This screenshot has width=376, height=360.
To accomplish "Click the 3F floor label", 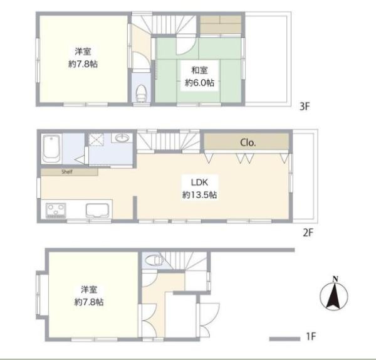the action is pyautogui.click(x=305, y=106).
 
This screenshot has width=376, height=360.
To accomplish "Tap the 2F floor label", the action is pyautogui.click(x=308, y=232).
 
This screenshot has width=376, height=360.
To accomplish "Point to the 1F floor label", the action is pyautogui.click(x=311, y=336).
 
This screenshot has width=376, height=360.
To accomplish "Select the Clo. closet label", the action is pyautogui.click(x=248, y=143).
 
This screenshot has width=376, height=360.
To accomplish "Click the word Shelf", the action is pyautogui.click(x=67, y=172).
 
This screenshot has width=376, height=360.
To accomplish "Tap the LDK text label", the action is pyautogui.click(x=199, y=183).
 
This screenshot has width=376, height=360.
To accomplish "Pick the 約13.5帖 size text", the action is pyautogui.click(x=199, y=195).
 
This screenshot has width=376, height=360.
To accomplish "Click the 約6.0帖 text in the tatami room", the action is pyautogui.click(x=199, y=83).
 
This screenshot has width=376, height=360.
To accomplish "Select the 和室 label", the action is pyautogui.click(x=199, y=70).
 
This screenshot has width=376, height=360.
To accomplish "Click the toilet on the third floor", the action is pyautogui.click(x=141, y=93).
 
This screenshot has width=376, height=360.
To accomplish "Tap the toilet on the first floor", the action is pyautogui.click(x=154, y=260).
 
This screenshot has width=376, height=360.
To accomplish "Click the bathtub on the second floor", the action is pyautogui.click(x=51, y=149).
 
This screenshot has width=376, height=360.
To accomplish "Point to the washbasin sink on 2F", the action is pyautogui.click(x=122, y=138).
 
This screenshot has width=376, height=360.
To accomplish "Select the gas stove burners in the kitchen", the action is pyautogui.click(x=56, y=211).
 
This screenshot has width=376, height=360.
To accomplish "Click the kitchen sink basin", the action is pyautogui.click(x=98, y=211).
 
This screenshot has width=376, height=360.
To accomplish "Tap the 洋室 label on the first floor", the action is pyautogui.click(x=89, y=290).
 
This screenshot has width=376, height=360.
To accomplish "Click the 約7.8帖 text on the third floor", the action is pyautogui.click(x=83, y=64).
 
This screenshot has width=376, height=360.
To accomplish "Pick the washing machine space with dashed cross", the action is pyautogui.click(x=96, y=140).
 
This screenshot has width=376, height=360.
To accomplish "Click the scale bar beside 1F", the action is pyautogui.click(x=285, y=339).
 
